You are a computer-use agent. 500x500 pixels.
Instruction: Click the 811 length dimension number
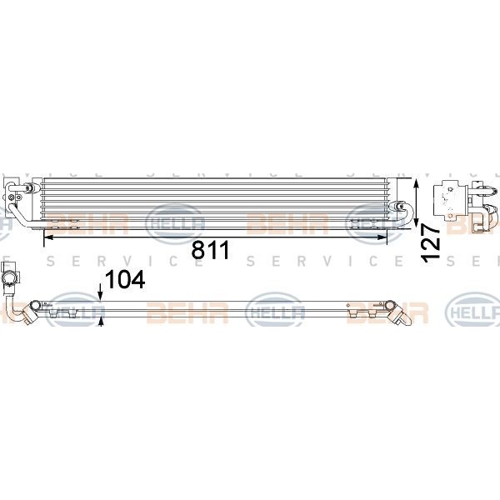click(x=210, y=250)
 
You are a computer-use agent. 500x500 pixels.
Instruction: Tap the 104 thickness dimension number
click(x=125, y=279)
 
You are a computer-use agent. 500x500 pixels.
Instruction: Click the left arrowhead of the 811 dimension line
click(x=48, y=237)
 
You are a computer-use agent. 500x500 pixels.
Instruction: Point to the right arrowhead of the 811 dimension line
click(x=382, y=237)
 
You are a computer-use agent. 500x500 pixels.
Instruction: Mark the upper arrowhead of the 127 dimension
click(x=416, y=184)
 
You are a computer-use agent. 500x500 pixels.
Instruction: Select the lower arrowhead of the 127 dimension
click(x=416, y=222)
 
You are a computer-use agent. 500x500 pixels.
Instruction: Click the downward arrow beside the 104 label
click(x=101, y=292)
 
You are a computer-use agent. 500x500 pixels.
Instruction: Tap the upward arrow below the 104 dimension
click(x=101, y=322)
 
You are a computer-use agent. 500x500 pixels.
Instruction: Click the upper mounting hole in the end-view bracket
click(x=451, y=189)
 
